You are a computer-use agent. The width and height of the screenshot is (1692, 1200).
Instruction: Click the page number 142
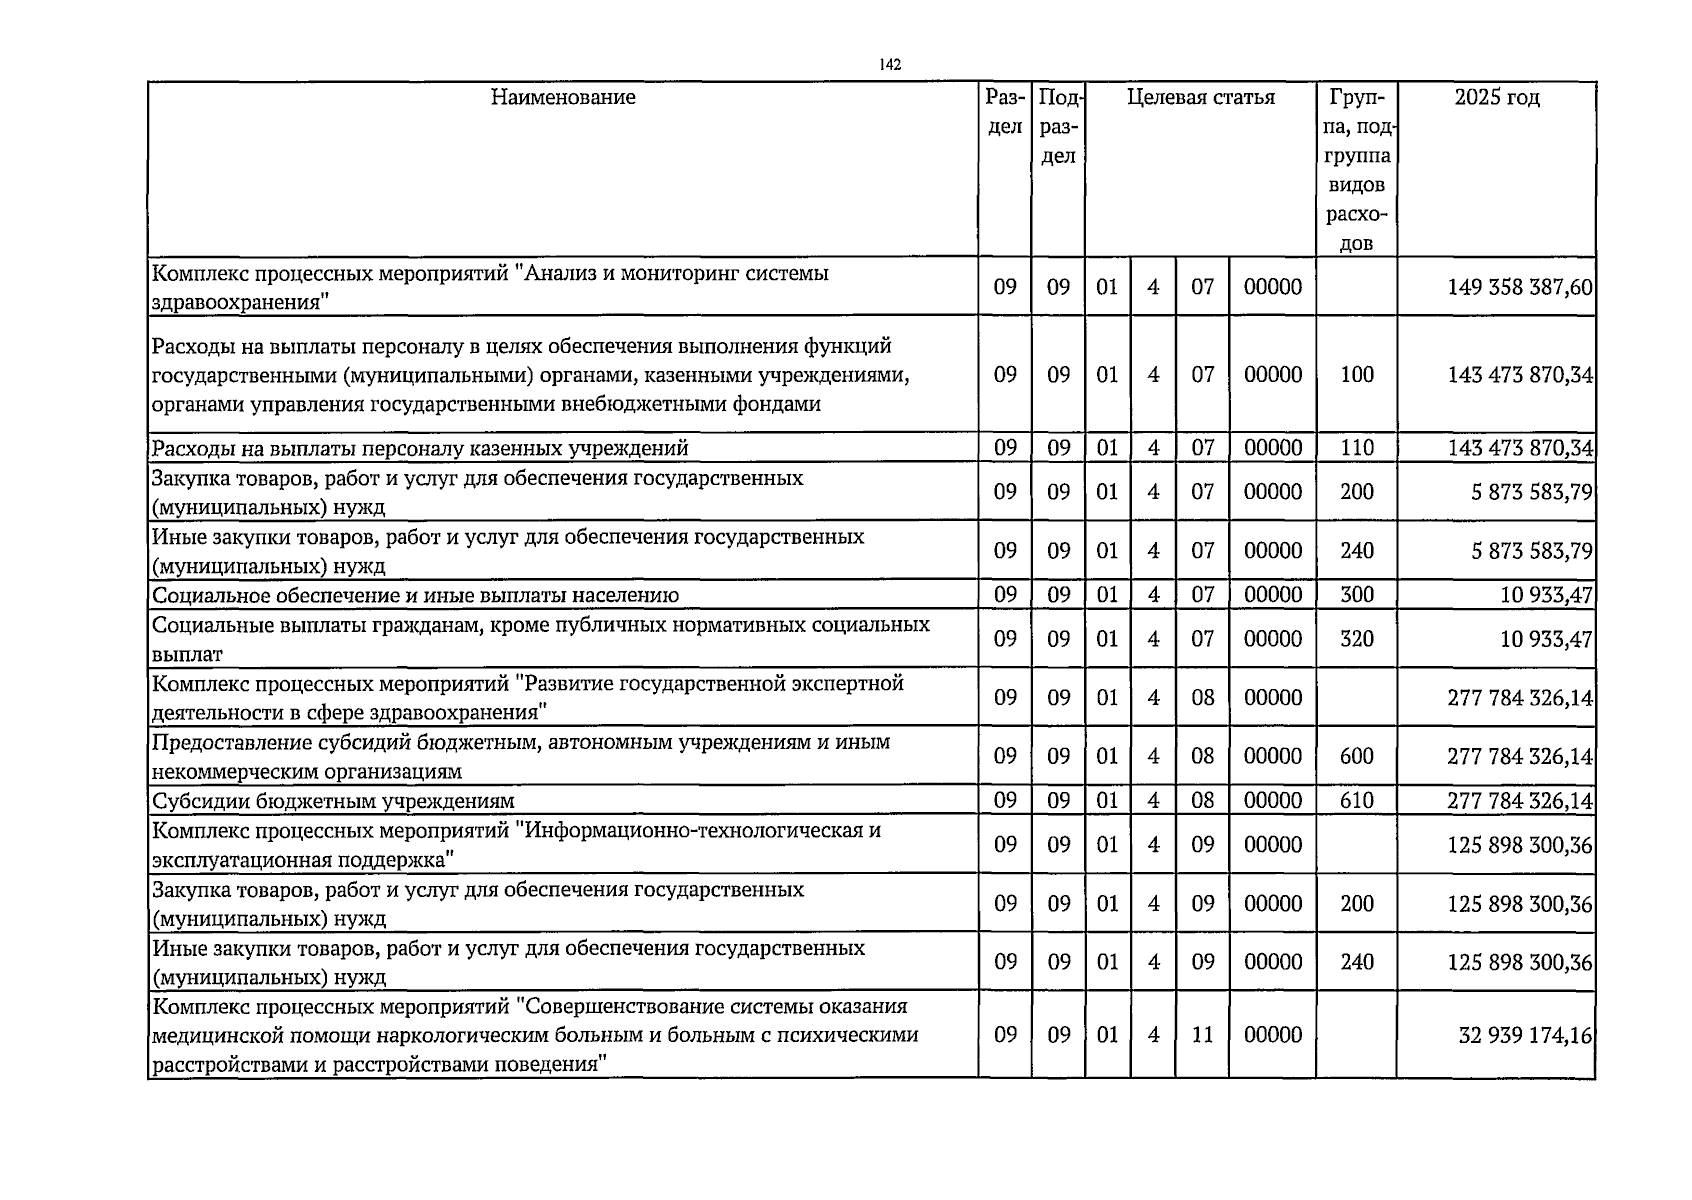click(x=890, y=65)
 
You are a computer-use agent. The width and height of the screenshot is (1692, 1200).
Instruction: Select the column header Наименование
click(x=563, y=98)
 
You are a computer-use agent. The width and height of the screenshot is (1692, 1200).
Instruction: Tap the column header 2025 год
click(x=1496, y=98)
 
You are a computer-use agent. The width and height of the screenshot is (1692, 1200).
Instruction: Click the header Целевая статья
click(x=1200, y=98)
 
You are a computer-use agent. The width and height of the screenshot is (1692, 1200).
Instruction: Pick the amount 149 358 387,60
click(x=1519, y=288)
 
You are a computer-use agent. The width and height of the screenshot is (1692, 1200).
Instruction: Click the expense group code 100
click(x=1356, y=375)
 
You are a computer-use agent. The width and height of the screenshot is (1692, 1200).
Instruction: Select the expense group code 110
click(x=1356, y=448)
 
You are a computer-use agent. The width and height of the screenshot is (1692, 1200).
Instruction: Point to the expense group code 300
click(x=1356, y=595)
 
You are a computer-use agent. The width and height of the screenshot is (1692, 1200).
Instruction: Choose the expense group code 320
click(x=1356, y=639)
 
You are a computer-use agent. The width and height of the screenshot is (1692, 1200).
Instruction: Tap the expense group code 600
click(x=1356, y=757)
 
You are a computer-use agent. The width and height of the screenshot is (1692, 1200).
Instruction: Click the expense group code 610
click(x=1356, y=801)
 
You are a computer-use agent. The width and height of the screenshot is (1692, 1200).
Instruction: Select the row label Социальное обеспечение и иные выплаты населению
click(x=415, y=596)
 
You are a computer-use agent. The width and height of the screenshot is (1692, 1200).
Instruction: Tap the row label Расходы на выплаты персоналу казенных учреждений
click(x=420, y=449)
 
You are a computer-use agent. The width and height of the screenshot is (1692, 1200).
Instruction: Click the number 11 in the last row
click(x=1202, y=1035)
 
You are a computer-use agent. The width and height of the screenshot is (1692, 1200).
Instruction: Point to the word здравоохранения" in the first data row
click(x=241, y=302)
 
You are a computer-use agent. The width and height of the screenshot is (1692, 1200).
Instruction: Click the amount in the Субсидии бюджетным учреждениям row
click(x=1519, y=801)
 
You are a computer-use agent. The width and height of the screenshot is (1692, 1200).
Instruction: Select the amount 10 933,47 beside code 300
click(x=1546, y=595)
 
